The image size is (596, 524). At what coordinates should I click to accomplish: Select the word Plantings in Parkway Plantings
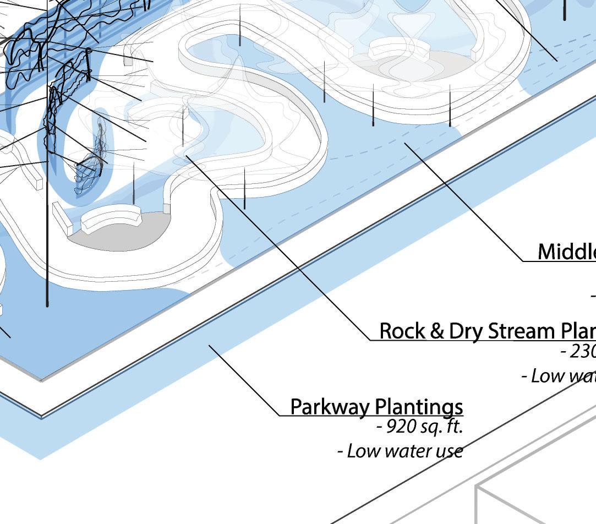pos(420,407)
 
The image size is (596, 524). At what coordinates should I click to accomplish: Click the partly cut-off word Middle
pos(566,252)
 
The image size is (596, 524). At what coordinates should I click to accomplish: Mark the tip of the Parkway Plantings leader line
pos(209,346)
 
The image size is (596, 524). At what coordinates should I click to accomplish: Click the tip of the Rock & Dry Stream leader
pos(187,156)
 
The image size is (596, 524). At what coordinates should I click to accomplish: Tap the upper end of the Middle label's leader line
pos(406,143)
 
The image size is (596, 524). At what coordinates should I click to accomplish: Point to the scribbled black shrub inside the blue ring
pos(91,160)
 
